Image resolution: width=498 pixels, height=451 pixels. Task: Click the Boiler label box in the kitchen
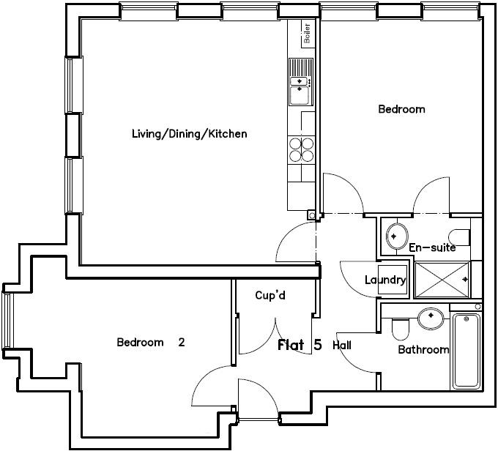(x=307, y=34)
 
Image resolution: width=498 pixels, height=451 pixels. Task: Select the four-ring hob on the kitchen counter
(x=302, y=149)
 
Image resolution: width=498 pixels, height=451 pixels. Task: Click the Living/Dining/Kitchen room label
(x=189, y=134)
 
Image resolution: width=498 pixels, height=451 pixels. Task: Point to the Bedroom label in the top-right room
(x=401, y=109)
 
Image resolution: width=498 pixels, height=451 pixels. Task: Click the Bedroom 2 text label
(x=150, y=342)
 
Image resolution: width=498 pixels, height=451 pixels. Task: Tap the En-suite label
(x=432, y=247)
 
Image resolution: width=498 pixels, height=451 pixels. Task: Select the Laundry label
(x=385, y=280)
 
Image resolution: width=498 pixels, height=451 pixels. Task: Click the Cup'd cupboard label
(x=270, y=296)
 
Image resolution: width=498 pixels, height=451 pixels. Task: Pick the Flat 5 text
(x=300, y=345)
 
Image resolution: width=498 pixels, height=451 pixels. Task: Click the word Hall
(x=342, y=345)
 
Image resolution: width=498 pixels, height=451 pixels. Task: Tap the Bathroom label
(x=423, y=350)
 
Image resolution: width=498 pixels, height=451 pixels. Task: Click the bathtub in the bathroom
(x=466, y=351)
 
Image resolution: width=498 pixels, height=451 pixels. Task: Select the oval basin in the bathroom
(x=430, y=318)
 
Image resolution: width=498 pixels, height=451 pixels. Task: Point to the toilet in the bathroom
(x=400, y=329)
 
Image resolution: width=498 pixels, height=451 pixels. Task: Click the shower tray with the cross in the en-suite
(x=443, y=279)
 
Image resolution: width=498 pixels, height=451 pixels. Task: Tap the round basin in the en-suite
(x=397, y=236)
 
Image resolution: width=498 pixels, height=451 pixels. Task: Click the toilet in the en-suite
(x=460, y=236)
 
